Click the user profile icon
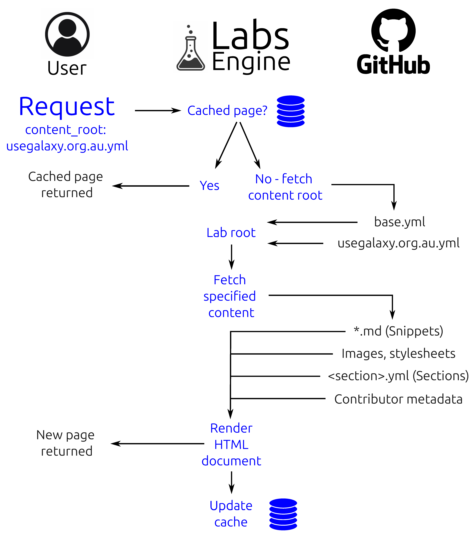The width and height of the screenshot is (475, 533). [67, 34]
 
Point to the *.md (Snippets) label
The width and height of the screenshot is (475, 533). [398, 331]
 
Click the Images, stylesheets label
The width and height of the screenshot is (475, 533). [398, 354]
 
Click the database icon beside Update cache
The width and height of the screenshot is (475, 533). [283, 514]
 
